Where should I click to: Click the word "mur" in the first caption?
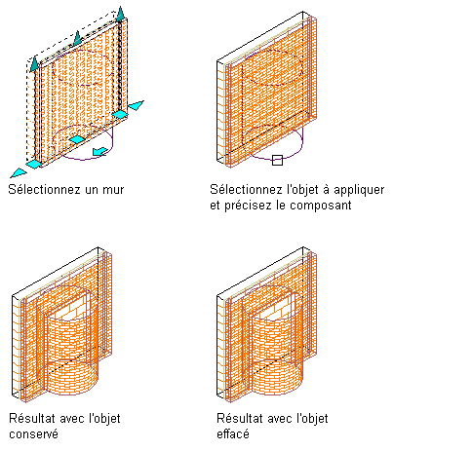click(113, 190)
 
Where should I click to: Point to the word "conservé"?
click(34, 434)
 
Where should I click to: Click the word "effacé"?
click(233, 433)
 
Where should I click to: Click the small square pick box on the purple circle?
click(277, 160)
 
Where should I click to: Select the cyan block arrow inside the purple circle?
click(100, 151)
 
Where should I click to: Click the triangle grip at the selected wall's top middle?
click(77, 38)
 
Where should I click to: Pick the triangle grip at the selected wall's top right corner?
click(121, 14)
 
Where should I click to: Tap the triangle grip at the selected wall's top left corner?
click(34, 63)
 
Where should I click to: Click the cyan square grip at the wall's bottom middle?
click(77, 139)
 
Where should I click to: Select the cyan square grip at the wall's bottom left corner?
click(34, 164)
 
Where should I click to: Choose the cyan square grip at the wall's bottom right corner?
click(120, 114)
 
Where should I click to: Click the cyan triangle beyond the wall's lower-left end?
click(18, 173)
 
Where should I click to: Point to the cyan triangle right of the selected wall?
click(136, 105)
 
